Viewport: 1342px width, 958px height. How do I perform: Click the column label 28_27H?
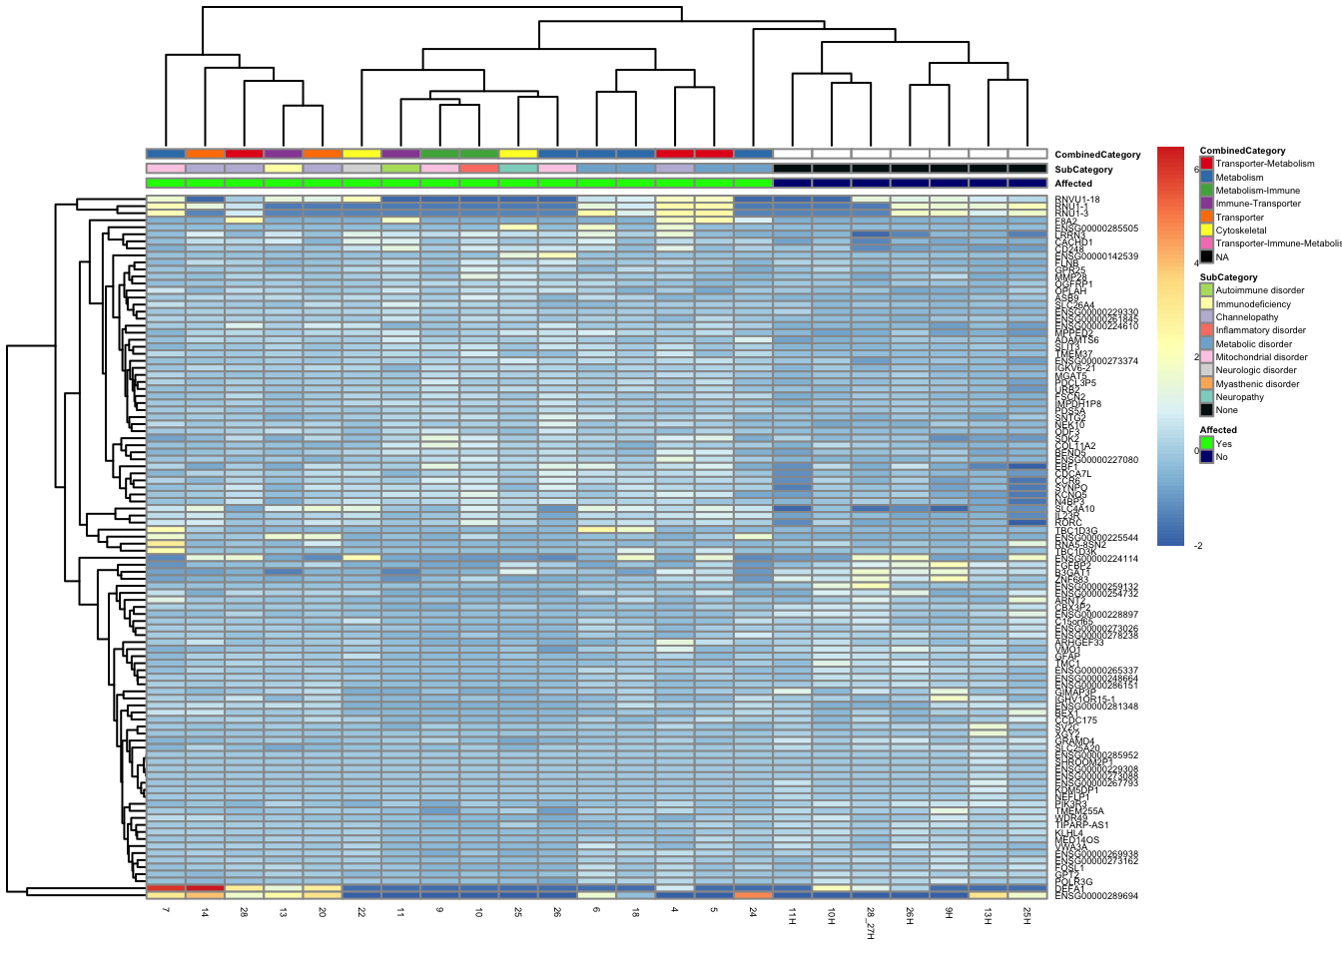pos(870,923)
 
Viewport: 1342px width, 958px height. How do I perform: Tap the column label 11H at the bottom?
pos(792,915)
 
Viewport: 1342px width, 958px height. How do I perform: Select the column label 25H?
pos(1026,915)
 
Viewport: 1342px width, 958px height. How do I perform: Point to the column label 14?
pos(205,912)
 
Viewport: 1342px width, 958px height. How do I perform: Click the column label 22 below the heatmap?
pos(361,912)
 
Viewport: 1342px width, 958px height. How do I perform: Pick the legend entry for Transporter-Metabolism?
pos(1264,164)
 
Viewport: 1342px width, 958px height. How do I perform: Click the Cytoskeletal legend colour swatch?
pos(1206,231)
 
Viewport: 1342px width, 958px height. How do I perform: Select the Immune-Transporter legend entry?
pos(1257,204)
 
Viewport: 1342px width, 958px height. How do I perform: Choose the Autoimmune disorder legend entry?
pos(1259,290)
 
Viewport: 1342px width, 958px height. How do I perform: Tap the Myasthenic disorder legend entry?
pos(1257,384)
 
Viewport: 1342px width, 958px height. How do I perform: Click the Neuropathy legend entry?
pos(1239,397)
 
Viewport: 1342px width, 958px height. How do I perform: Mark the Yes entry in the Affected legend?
pos(1223,444)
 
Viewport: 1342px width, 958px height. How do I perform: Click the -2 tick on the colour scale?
pos(1198,546)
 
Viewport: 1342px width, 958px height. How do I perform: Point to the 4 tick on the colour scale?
pos(1196,263)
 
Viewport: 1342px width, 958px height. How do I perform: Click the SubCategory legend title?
pos(1228,277)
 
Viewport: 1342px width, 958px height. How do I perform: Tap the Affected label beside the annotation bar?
pos(1073,184)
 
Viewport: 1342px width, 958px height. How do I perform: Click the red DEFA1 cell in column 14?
pos(205,888)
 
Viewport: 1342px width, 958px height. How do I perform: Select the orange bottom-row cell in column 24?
pos(753,895)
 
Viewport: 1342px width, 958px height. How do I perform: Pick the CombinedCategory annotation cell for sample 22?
pos(361,154)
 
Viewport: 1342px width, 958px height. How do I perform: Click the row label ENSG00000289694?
pos(1096,896)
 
